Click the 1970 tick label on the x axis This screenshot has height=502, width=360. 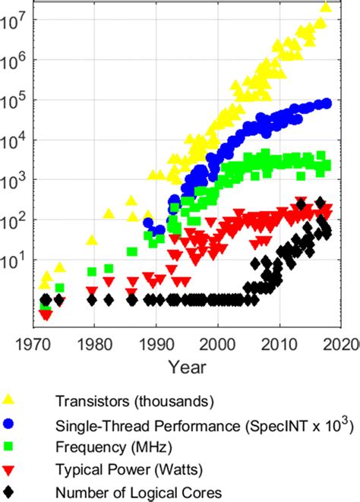click(x=32, y=345)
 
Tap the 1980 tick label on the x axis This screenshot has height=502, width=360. click(x=93, y=345)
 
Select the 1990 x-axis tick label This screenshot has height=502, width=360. click(x=156, y=345)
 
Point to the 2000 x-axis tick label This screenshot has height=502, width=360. click(x=218, y=345)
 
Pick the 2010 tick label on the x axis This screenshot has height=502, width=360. click(x=280, y=345)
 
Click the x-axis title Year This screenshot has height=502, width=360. click(x=186, y=368)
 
